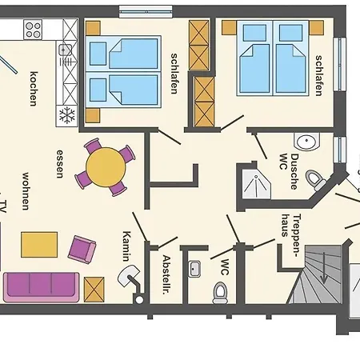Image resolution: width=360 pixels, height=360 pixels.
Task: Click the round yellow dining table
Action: pos(106,167)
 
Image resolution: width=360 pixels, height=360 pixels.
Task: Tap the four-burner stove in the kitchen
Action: pos(33,30)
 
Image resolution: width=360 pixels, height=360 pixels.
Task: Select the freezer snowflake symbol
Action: pos(67,115)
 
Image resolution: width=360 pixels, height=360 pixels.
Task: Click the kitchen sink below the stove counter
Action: pos(64,50)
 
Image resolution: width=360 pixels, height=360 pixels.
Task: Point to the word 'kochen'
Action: pos(34,89)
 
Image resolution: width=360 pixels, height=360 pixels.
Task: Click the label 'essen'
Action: pos(60,164)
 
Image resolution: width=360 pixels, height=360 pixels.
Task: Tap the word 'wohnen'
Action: pos(26,191)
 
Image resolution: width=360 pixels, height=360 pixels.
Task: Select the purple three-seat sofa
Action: pos(42,287)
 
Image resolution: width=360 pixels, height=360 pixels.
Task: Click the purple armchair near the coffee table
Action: pos(82,250)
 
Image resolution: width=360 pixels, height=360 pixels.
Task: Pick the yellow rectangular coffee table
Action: pos(39,245)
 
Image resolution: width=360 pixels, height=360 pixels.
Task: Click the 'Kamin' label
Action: pos(126,246)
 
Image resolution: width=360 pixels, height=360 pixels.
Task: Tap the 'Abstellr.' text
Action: pos(166,274)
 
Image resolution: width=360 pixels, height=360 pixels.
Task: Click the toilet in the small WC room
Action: pos(220,293)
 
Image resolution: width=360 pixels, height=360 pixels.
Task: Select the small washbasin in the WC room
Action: pos(194,269)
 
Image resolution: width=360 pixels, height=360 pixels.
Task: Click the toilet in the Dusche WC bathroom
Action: pos(316,181)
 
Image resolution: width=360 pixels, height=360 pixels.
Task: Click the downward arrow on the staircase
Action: pos(324,268)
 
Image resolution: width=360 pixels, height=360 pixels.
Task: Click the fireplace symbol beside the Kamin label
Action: pos(130,276)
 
